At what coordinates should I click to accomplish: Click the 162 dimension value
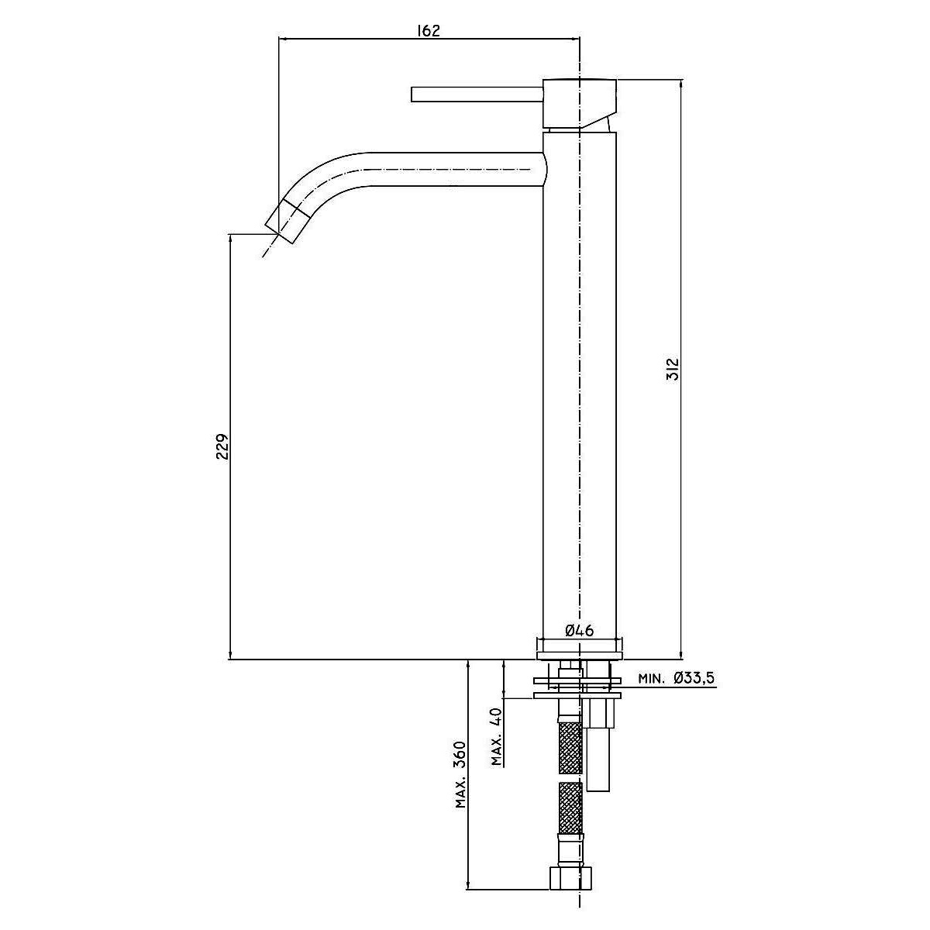(429, 31)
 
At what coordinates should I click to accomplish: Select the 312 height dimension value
(672, 369)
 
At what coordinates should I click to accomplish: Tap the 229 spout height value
(222, 446)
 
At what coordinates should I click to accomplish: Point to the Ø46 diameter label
(579, 630)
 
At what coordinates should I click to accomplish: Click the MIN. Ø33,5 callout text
(676, 679)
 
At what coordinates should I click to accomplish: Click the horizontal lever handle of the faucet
(477, 94)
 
